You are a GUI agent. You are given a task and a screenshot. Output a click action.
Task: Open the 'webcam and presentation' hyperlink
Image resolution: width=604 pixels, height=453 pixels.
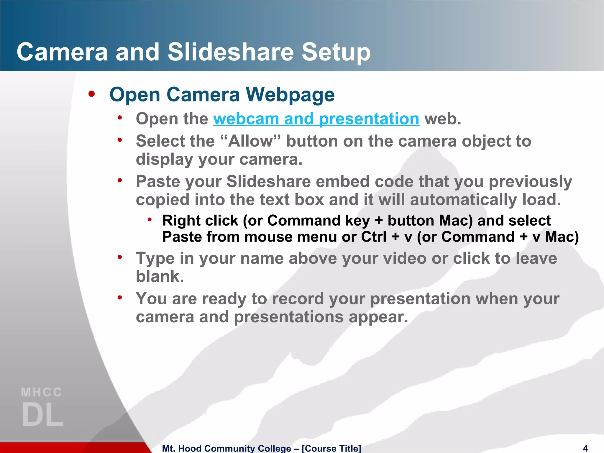tap(316, 119)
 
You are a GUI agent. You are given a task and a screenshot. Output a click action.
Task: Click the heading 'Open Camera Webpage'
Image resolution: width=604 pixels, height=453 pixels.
tap(222, 95)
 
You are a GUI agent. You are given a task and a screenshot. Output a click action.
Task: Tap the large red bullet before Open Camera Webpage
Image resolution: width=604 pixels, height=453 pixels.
tap(92, 94)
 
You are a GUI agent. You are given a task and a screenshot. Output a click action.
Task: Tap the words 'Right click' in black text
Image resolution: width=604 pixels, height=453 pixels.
tap(200, 221)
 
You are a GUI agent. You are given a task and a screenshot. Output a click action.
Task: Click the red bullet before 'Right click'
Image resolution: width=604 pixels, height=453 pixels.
tap(150, 219)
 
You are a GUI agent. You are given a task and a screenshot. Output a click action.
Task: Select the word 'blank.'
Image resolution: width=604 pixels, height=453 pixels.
tap(160, 277)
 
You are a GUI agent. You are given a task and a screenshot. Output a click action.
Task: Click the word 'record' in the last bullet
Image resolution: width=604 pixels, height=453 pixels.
tap(298, 299)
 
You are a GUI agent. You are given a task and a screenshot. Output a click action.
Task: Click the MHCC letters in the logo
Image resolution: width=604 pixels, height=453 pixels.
tap(42, 393)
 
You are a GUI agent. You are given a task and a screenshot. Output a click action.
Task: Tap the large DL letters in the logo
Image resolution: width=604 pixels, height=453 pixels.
tap(42, 415)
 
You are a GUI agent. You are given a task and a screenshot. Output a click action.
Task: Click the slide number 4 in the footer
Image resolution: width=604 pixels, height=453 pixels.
tap(585, 448)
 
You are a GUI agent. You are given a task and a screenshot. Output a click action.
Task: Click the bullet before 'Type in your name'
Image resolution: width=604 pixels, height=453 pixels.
tap(120, 257)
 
